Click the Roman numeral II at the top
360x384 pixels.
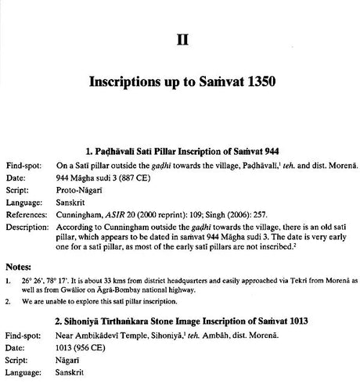[x=181, y=38]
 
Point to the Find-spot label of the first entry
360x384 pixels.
[x=23, y=166]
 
